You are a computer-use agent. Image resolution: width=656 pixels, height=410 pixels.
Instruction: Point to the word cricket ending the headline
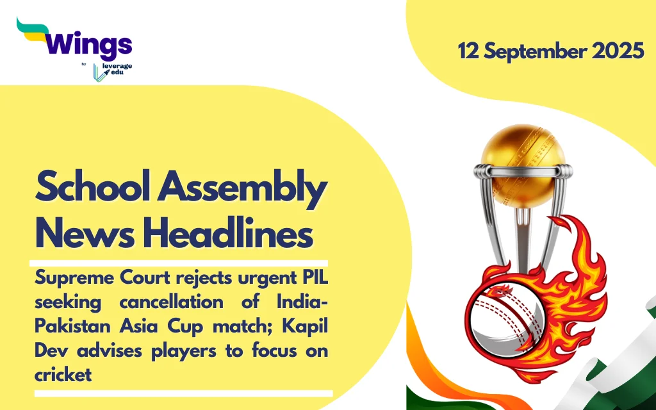[63, 374]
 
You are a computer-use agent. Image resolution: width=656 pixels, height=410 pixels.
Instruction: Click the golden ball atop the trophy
[523, 166]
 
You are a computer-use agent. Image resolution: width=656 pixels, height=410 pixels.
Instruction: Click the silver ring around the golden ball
[523, 170]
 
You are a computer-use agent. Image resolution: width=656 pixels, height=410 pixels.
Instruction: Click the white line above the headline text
[179, 263]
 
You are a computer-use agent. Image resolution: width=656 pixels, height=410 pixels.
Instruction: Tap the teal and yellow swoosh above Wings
[33, 30]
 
